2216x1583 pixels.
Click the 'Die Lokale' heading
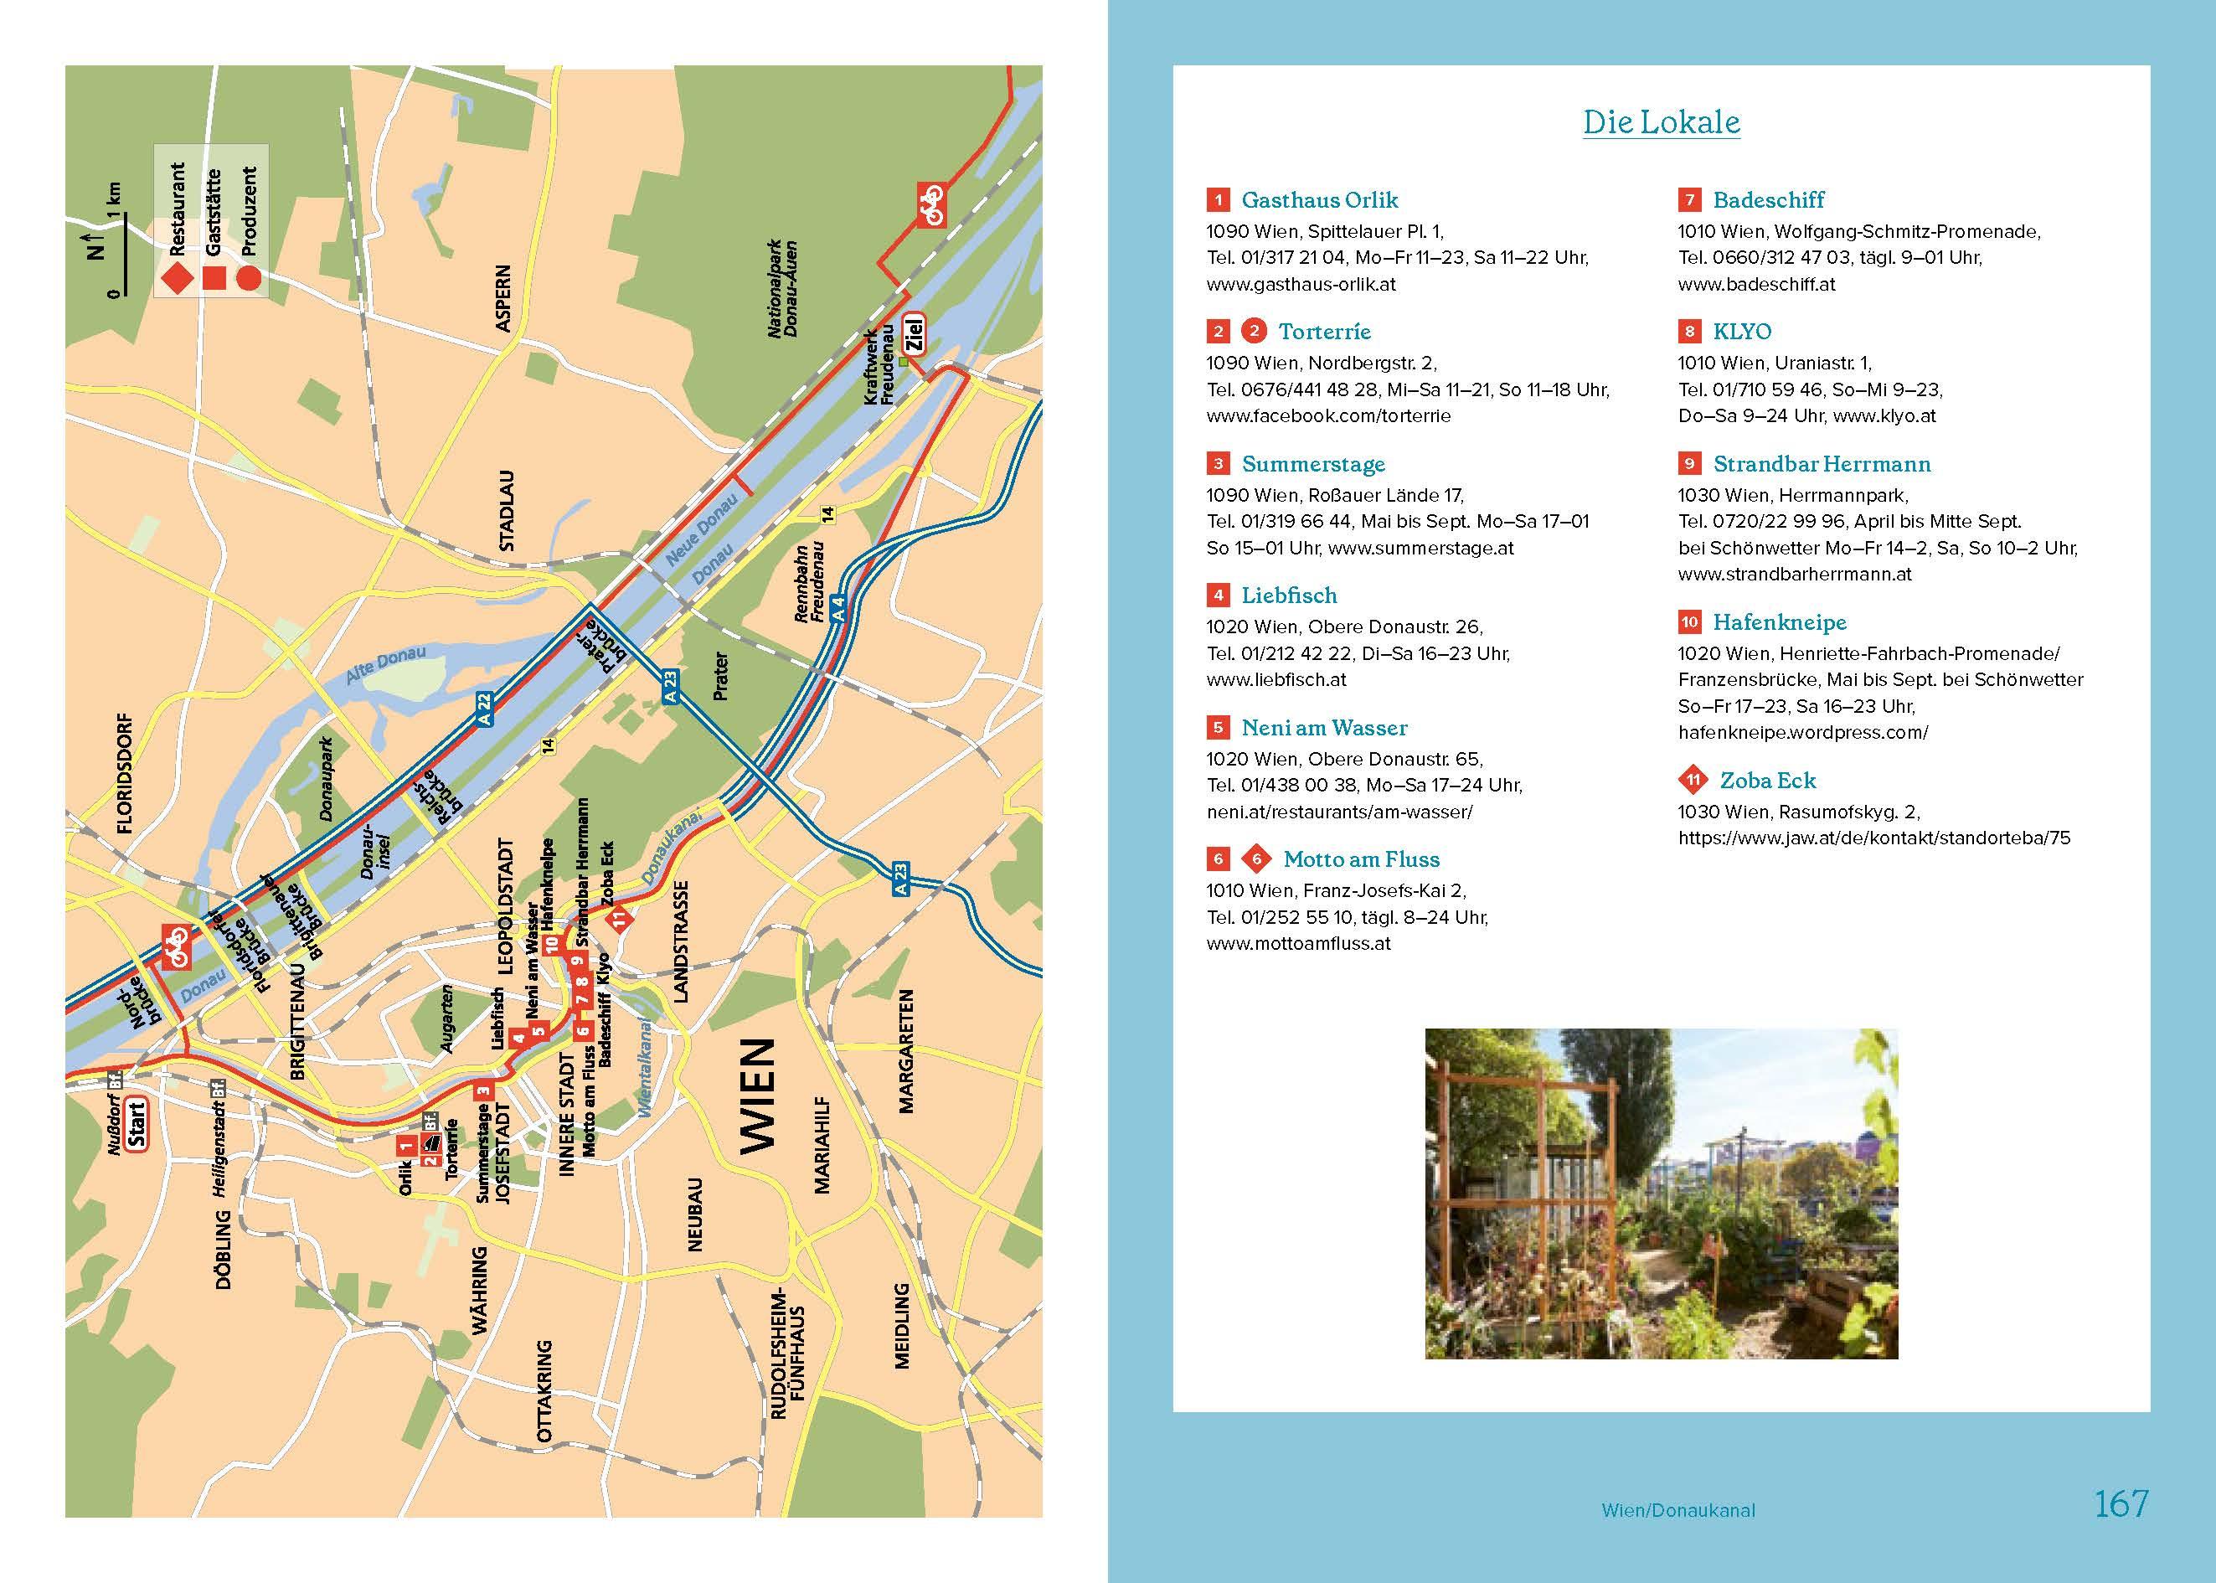pos(1661,123)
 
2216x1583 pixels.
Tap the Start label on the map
pos(136,1125)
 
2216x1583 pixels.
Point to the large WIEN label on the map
pos(757,1095)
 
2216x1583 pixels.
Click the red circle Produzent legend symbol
pos(249,279)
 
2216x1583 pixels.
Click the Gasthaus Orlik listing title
pos(1318,200)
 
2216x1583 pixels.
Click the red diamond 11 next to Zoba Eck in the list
pos(1693,780)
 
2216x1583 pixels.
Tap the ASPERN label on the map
pos(502,298)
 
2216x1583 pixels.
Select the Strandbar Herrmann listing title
pos(1822,464)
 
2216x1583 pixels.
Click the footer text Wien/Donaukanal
pos(1677,1511)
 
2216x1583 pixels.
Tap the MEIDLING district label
pos(901,1326)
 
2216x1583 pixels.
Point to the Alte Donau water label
pos(386,665)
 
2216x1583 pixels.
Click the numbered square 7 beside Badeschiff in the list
pos(1688,200)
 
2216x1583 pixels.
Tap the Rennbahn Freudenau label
pos(810,582)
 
